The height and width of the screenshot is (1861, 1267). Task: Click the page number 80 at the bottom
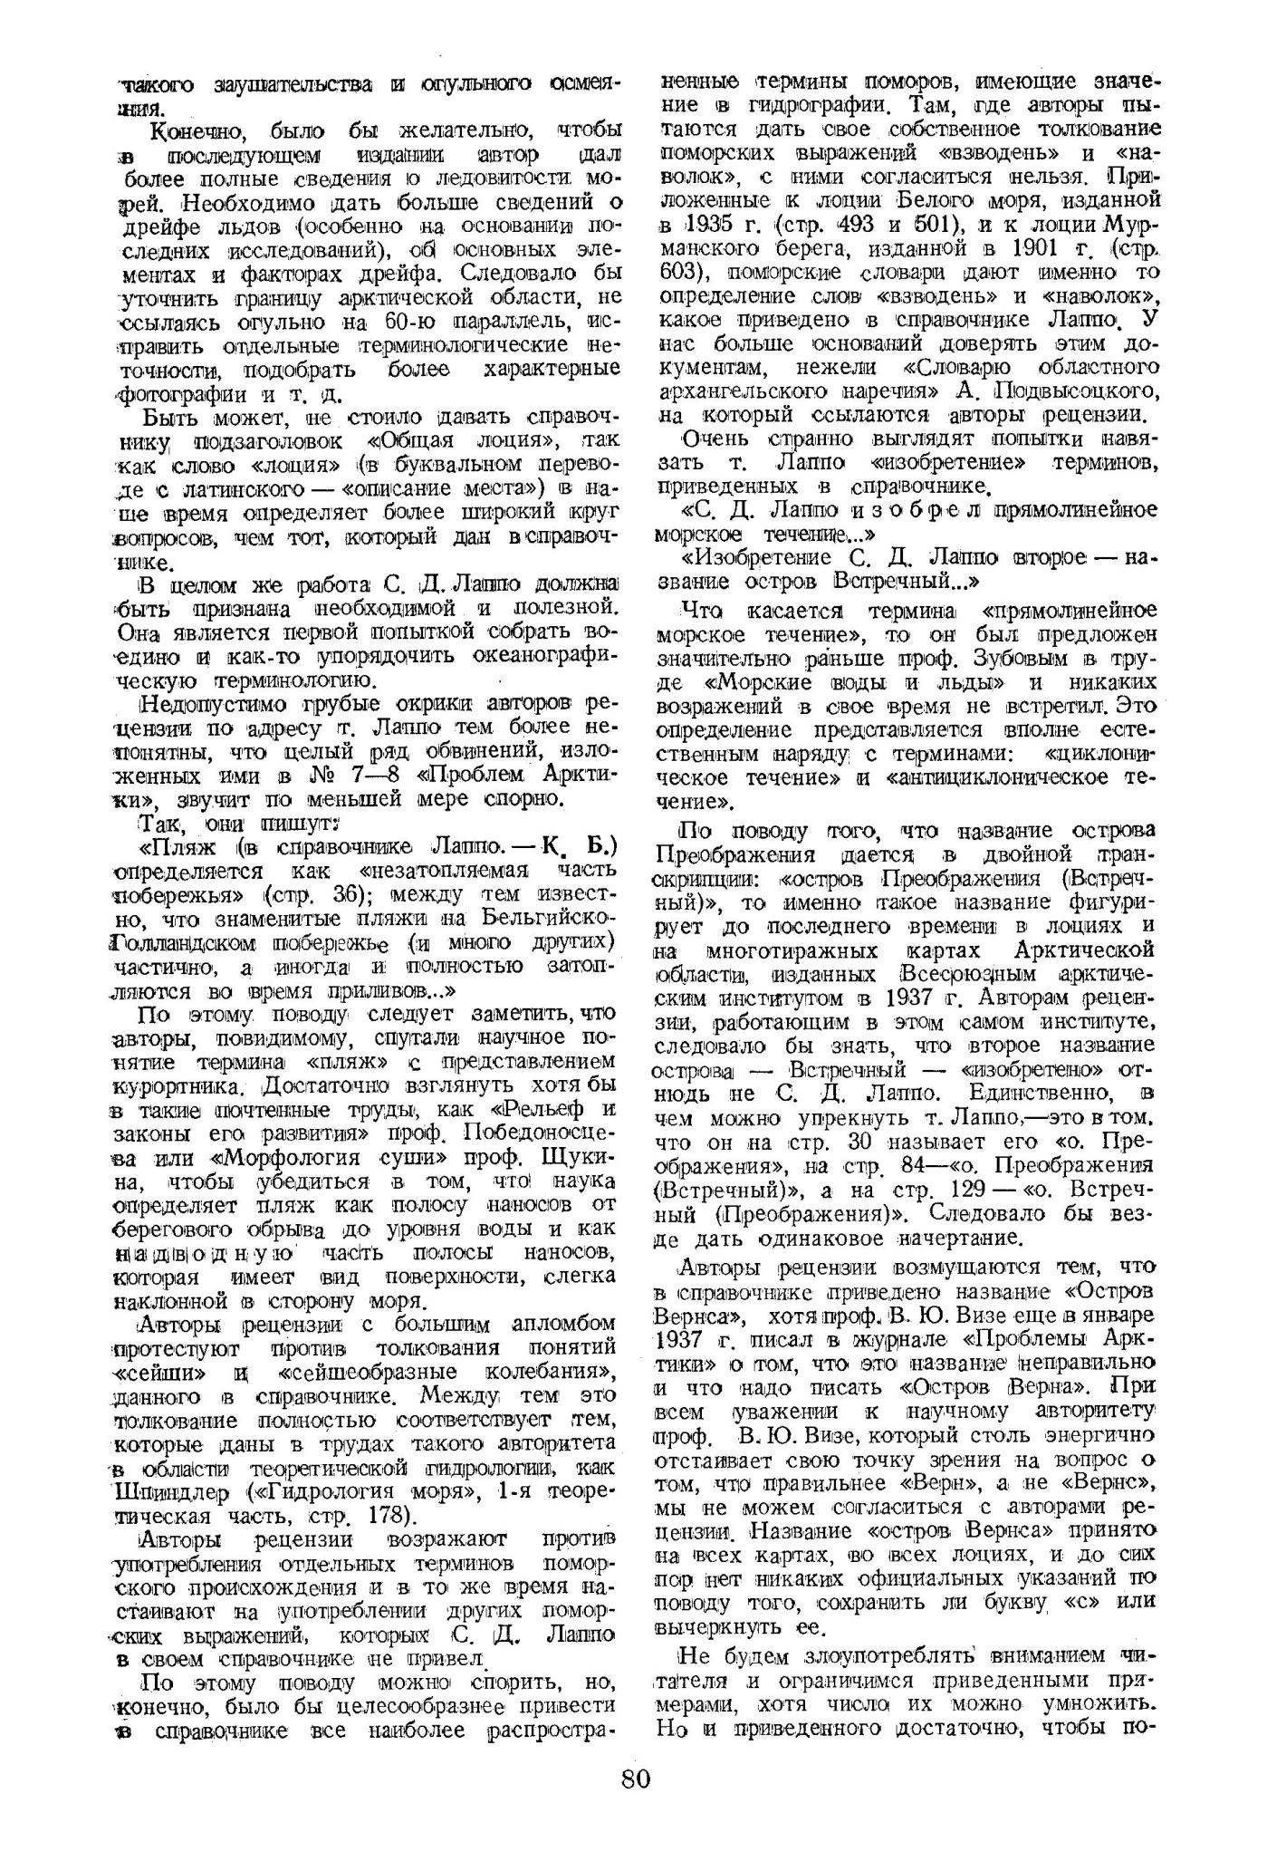coord(636,1803)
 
